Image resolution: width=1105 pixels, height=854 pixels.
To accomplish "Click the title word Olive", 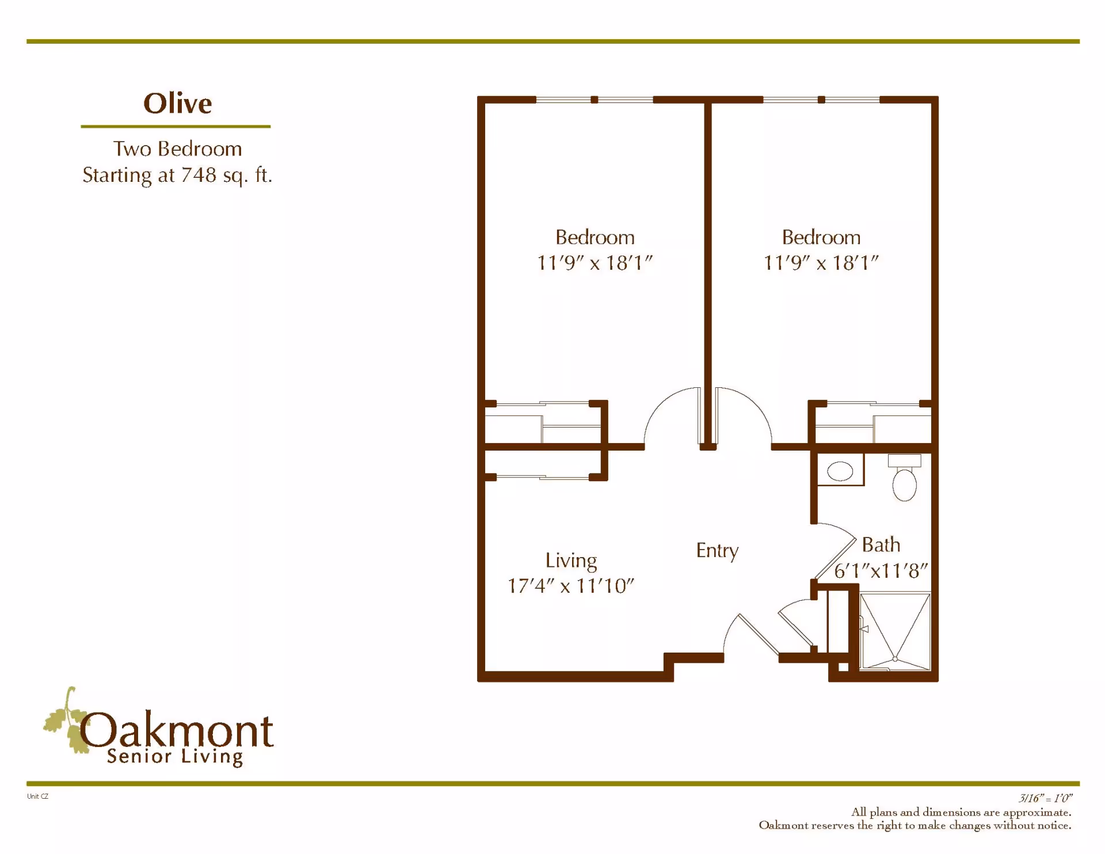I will (x=177, y=104).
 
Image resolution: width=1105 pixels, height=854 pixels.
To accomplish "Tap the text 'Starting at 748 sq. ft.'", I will (x=177, y=175).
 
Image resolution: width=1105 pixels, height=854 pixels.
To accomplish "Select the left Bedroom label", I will (x=595, y=237).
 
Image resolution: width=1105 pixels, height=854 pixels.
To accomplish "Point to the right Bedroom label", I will (x=821, y=237).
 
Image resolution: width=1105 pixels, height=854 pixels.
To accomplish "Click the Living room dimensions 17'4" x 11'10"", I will (x=570, y=586).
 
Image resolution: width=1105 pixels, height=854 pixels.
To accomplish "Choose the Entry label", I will (x=717, y=551).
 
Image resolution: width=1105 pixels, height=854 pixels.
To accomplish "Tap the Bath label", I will (x=881, y=544).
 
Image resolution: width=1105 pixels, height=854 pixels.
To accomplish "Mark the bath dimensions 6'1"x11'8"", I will (x=881, y=571).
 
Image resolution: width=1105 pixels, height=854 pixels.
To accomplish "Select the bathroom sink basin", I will (x=840, y=471).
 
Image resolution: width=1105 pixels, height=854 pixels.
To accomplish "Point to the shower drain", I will (x=895, y=659).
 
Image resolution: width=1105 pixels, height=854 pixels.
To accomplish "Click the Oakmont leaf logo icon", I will (x=66, y=722).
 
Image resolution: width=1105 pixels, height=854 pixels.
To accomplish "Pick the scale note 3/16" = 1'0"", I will (x=1045, y=798).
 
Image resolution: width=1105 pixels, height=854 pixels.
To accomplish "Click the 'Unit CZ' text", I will (x=37, y=796).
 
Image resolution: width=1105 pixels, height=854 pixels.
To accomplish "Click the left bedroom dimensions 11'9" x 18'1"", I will (x=595, y=263).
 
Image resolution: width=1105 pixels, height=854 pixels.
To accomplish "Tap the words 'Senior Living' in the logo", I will (x=175, y=757).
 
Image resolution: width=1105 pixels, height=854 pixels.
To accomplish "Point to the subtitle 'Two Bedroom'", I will (x=177, y=149).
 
